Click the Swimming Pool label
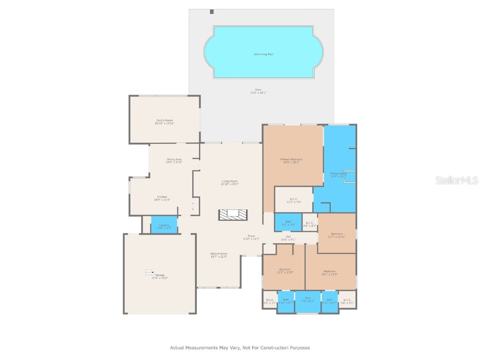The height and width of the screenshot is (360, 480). [263, 54]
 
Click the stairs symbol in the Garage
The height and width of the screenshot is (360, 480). [149, 272]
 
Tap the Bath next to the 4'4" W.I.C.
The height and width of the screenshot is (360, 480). [288, 223]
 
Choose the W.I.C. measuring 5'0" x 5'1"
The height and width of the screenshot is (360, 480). [347, 300]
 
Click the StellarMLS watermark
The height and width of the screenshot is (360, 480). [456, 180]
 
